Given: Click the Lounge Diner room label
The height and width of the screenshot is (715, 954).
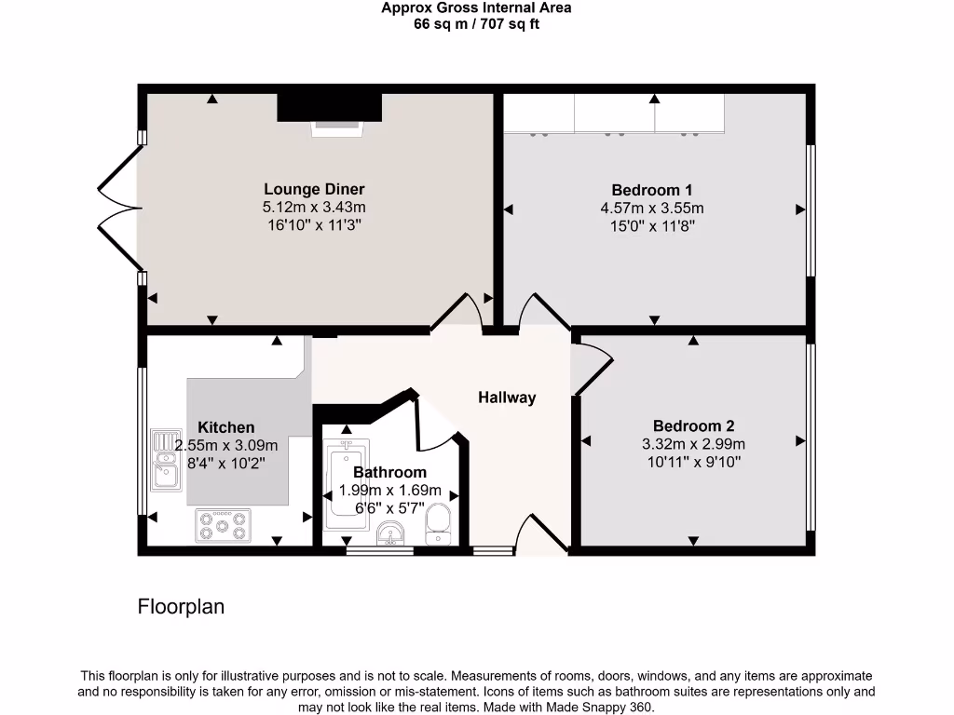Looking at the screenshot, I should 314,190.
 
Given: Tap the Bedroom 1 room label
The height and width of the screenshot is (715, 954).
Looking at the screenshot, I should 651,190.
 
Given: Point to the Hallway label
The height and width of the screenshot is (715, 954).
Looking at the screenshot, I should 507,398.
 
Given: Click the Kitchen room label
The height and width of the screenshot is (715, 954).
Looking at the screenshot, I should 225,427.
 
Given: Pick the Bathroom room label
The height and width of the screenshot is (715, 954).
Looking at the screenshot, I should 389,472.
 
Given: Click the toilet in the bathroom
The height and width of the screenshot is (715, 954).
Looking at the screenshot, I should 437,523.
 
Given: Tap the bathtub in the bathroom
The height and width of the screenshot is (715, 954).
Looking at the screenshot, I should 346,484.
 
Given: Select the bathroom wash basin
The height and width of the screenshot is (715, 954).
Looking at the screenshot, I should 391,533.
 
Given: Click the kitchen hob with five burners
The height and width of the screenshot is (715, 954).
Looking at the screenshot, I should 224,526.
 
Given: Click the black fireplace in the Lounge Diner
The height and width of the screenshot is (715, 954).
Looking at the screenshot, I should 329,107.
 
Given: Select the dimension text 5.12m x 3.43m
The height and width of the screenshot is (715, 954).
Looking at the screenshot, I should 314,208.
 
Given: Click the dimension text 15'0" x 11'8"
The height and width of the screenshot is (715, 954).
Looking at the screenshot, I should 651,225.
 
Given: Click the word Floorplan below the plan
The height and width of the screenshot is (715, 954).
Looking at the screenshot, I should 181,607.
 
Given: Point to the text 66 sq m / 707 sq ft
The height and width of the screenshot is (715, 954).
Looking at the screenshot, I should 476,24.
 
